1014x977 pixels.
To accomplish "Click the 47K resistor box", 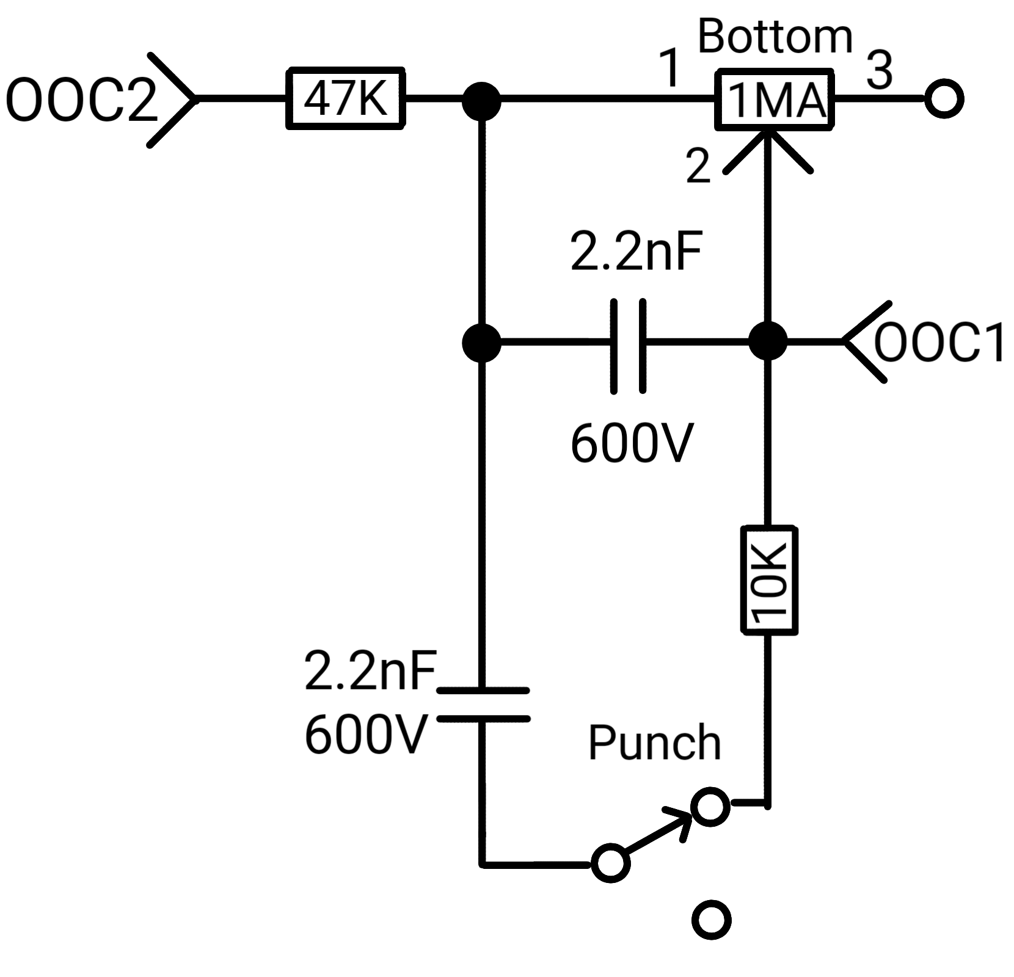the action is tap(345, 98).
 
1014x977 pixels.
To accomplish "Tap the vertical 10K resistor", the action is tap(769, 579).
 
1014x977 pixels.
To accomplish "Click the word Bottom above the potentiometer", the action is tap(775, 37).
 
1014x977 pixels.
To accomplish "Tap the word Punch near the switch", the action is tap(655, 743).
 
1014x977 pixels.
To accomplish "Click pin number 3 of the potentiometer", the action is tap(879, 70).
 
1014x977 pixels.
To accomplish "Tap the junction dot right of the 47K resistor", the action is tap(481, 100).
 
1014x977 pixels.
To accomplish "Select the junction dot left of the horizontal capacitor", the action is tap(481, 343).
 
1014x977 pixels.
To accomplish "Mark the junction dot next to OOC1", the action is tap(768, 341).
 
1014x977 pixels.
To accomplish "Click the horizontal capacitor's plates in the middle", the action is tap(628, 345).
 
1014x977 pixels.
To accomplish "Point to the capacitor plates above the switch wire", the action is tap(483, 705).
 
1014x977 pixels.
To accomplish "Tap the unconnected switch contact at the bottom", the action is tap(712, 920).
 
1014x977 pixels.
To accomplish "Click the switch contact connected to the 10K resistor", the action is tap(710, 807).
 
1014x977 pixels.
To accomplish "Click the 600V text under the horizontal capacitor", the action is tap(632, 443).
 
